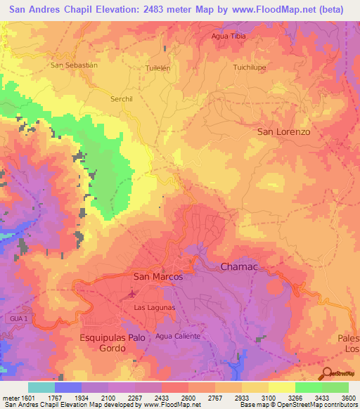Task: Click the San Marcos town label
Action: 157,277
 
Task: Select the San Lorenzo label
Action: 283,131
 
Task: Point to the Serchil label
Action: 121,99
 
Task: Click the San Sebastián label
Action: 73,65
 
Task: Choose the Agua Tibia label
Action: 229,35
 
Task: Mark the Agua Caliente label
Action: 178,336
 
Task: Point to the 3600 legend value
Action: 348,398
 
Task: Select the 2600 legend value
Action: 188,398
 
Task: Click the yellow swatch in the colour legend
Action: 281,387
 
